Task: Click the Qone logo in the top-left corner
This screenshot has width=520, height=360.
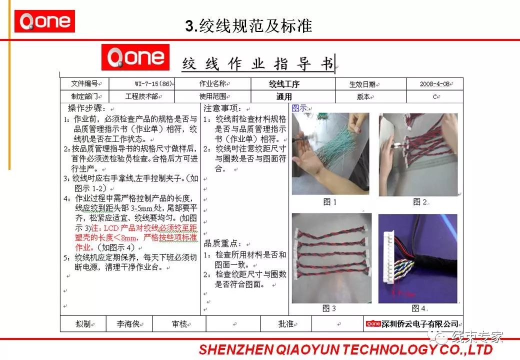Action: (x=44, y=21)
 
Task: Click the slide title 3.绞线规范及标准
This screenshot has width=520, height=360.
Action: (x=248, y=26)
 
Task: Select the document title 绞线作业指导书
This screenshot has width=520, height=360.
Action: (x=258, y=64)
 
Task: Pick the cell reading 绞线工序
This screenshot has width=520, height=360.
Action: (x=284, y=84)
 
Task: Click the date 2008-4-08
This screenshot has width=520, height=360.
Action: (x=435, y=84)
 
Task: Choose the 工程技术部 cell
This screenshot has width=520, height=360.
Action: (x=141, y=96)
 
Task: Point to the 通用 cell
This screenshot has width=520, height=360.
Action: (x=284, y=96)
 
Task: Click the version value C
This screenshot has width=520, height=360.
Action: (x=435, y=96)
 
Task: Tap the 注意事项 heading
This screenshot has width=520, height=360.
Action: (x=223, y=108)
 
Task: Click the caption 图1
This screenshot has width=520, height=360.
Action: (x=330, y=202)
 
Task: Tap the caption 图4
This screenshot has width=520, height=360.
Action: (x=418, y=308)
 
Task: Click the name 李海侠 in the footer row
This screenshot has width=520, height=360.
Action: (x=128, y=324)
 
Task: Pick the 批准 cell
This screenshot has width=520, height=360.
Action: (x=286, y=324)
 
